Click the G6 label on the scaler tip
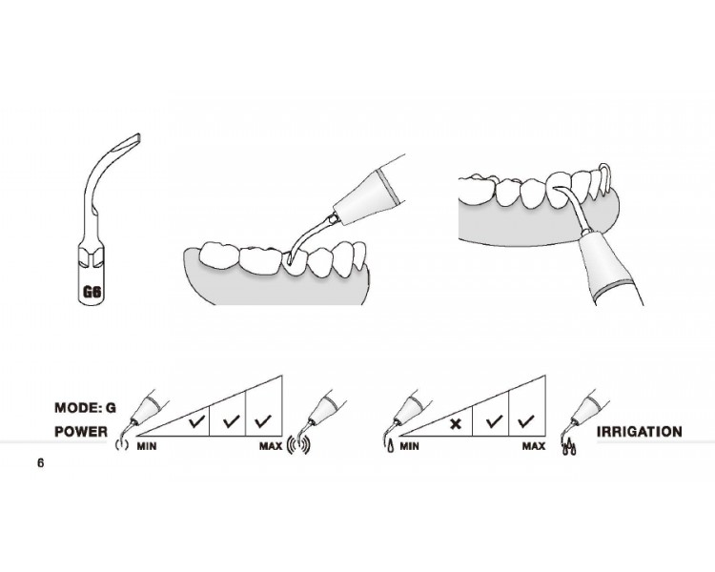(92, 292)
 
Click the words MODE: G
(85, 407)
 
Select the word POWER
(81, 432)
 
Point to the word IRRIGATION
(640, 432)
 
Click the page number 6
(41, 463)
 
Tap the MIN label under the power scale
(147, 446)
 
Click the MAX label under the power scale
(271, 446)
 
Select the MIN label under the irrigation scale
(409, 446)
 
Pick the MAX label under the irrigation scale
(534, 446)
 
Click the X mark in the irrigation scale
(455, 424)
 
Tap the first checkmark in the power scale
(196, 421)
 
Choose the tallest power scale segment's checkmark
(263, 421)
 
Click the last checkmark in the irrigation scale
(526, 421)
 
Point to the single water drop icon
(390, 445)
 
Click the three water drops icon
(568, 447)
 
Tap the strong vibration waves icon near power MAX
(298, 446)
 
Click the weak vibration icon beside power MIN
(121, 444)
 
